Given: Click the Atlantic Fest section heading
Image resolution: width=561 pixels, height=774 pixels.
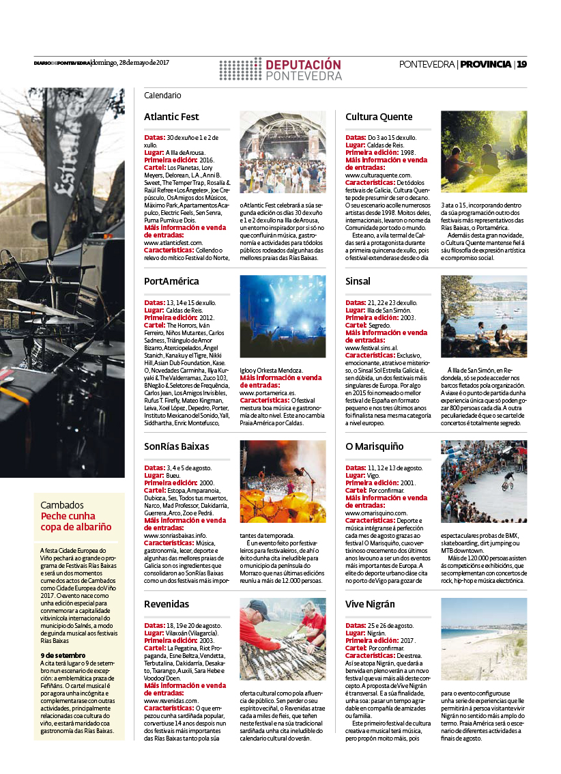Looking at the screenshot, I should pyautogui.click(x=171, y=117).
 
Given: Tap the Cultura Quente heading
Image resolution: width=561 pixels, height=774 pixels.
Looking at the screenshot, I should pyautogui.click(x=379, y=117).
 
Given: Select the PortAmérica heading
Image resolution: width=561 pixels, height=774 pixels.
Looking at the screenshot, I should pyautogui.click(x=171, y=281).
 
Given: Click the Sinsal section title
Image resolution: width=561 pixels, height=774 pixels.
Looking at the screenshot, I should pyautogui.click(x=358, y=281).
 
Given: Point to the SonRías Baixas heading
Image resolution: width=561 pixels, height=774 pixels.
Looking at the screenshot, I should pyautogui.click(x=176, y=446).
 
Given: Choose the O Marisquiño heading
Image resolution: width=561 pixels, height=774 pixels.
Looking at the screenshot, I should pyautogui.click(x=375, y=446).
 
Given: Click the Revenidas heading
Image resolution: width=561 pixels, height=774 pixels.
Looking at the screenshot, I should pyautogui.click(x=167, y=604).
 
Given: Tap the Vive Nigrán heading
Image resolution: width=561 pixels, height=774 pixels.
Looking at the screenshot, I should pyautogui.click(x=370, y=604).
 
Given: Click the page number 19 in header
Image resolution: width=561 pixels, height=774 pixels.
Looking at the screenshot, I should pyautogui.click(x=521, y=64).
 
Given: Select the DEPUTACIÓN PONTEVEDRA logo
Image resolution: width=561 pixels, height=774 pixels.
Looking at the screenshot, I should pyautogui.click(x=281, y=69).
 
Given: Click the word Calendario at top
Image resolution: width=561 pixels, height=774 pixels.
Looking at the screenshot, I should pyautogui.click(x=162, y=96).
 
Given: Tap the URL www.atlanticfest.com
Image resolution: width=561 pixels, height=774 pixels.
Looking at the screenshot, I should pyautogui.click(x=173, y=242).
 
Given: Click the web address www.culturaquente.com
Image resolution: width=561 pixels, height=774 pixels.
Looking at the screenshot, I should pyautogui.click(x=378, y=175).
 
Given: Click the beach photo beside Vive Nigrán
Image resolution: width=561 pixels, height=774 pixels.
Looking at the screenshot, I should pyautogui.click(x=484, y=639).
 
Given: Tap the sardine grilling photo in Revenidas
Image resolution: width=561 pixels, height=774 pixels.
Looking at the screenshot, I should pyautogui.click(x=283, y=639).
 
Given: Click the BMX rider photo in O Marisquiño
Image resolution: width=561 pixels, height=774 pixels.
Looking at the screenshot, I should pyautogui.click(x=484, y=481).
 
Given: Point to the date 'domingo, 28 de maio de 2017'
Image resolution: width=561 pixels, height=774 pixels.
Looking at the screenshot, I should pyautogui.click(x=130, y=63).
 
